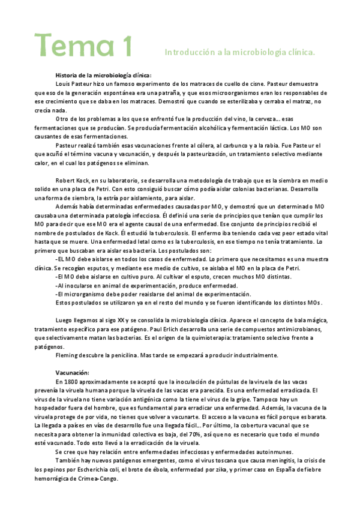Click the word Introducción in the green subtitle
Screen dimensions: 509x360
(188, 53)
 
